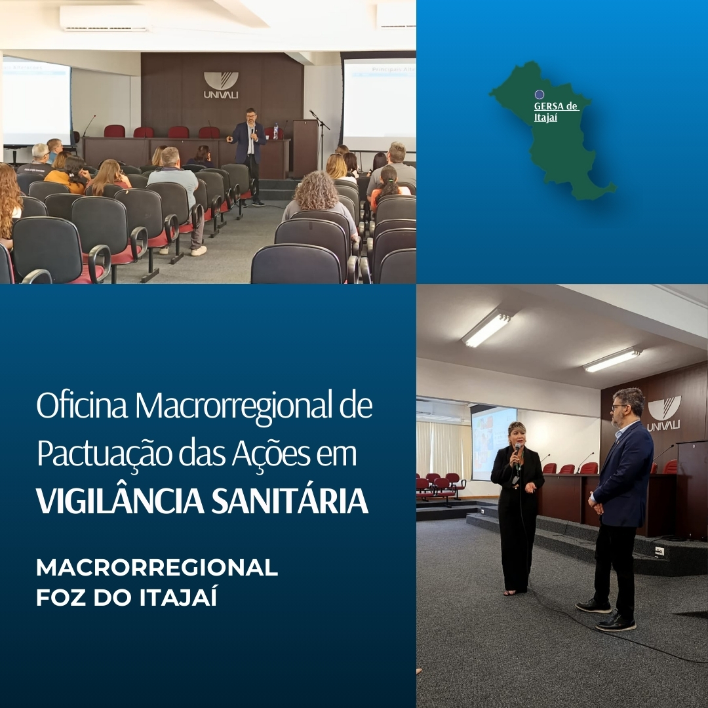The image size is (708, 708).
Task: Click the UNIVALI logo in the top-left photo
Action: (221, 85)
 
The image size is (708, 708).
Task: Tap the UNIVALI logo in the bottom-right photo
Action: (663, 413)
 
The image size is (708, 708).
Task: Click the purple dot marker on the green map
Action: (540, 94)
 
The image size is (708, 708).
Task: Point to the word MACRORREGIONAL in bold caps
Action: (157, 568)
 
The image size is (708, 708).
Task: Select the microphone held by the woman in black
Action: (517, 450)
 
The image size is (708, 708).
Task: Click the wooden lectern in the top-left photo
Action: (305, 148)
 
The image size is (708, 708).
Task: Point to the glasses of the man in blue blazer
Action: (619, 407)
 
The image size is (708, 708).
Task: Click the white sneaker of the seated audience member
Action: (198, 250)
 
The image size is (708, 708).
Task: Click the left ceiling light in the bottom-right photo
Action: (486, 328)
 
